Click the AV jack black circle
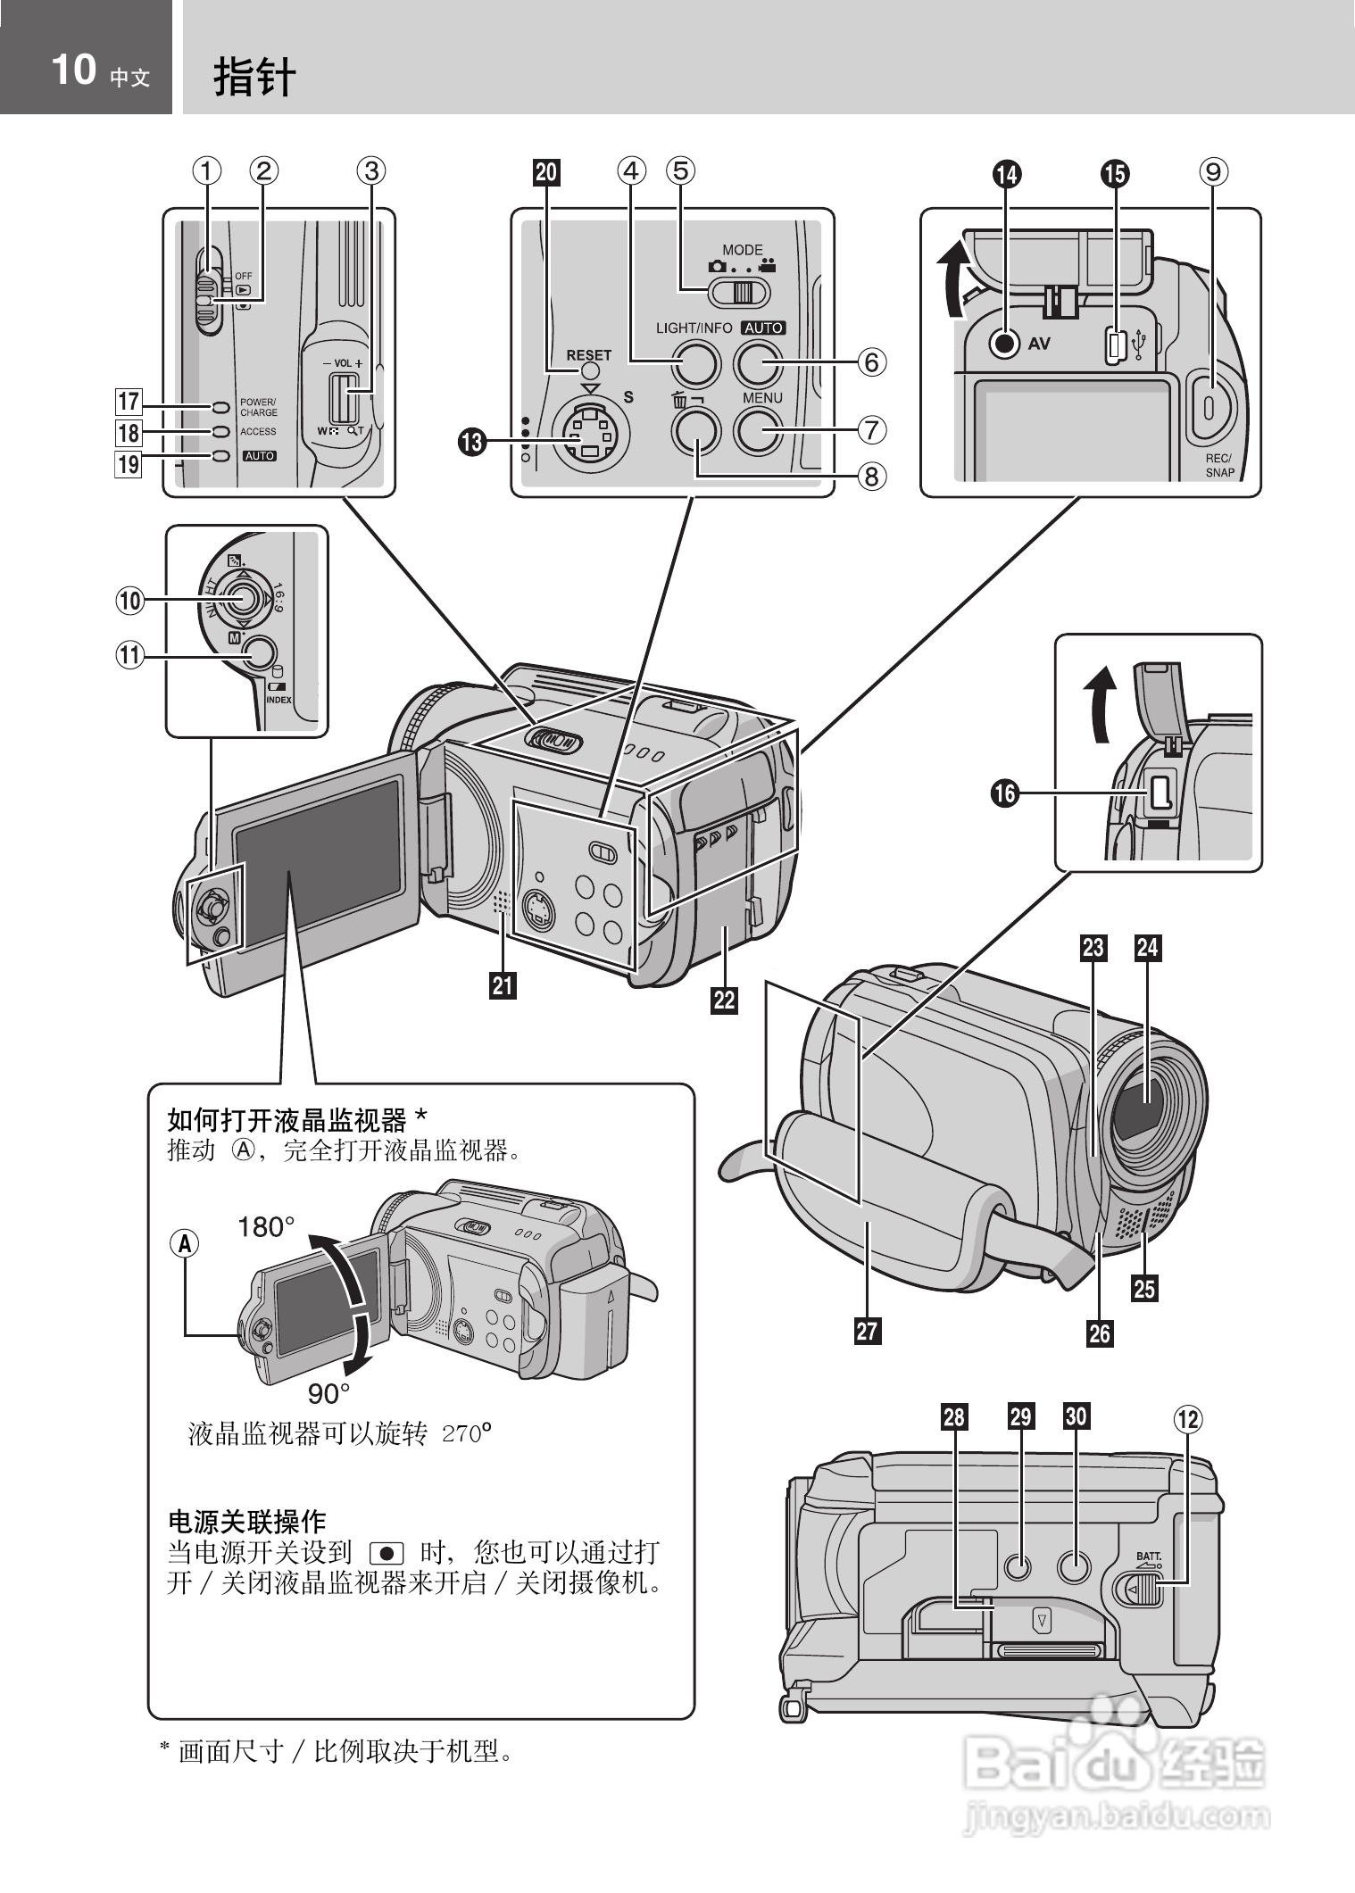pyautogui.click(x=1006, y=343)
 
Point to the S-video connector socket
pyautogui.click(x=589, y=435)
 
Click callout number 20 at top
pyautogui.click(x=546, y=172)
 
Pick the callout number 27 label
pyautogui.click(x=867, y=1331)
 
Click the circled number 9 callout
pyautogui.click(x=1213, y=171)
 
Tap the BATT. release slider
pyautogui.click(x=1143, y=1589)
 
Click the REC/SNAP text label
pyautogui.click(x=1218, y=465)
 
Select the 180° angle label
pyautogui.click(x=266, y=1227)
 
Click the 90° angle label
pyautogui.click(x=328, y=1393)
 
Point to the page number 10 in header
pyautogui.click(x=73, y=70)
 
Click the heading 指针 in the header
pyautogui.click(x=254, y=77)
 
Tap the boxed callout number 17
pyautogui.click(x=129, y=402)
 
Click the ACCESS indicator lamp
pyautogui.click(x=220, y=432)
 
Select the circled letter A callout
pyautogui.click(x=185, y=1242)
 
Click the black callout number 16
pyautogui.click(x=1005, y=793)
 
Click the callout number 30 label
pyautogui.click(x=1076, y=1416)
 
